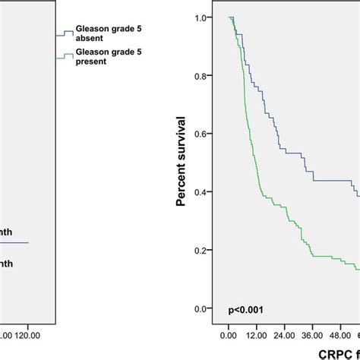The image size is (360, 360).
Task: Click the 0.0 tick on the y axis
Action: (201, 308)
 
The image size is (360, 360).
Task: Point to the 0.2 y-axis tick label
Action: (201, 251)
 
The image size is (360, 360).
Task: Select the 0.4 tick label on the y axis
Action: (201, 193)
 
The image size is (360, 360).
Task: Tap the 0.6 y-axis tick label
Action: (201, 134)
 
